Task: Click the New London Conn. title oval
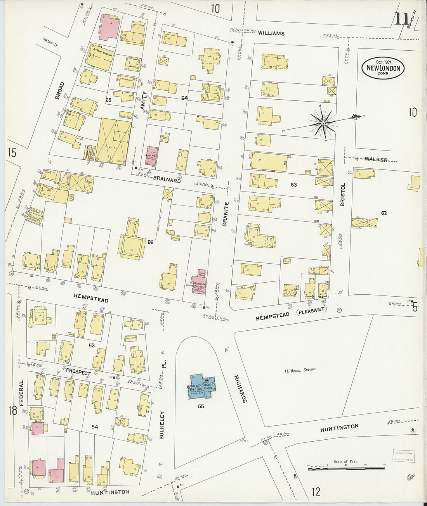coord(383,68)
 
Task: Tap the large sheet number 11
coord(401,19)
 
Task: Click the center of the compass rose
coord(322,123)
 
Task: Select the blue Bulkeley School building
coord(202,387)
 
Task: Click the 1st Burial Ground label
coord(300,370)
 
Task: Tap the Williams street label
coord(271,33)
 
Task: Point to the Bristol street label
coord(342,195)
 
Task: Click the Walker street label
coord(376,159)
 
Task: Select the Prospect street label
coord(78,371)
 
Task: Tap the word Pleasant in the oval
coord(312,309)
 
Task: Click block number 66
coord(151,242)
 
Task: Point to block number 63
coord(293,185)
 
